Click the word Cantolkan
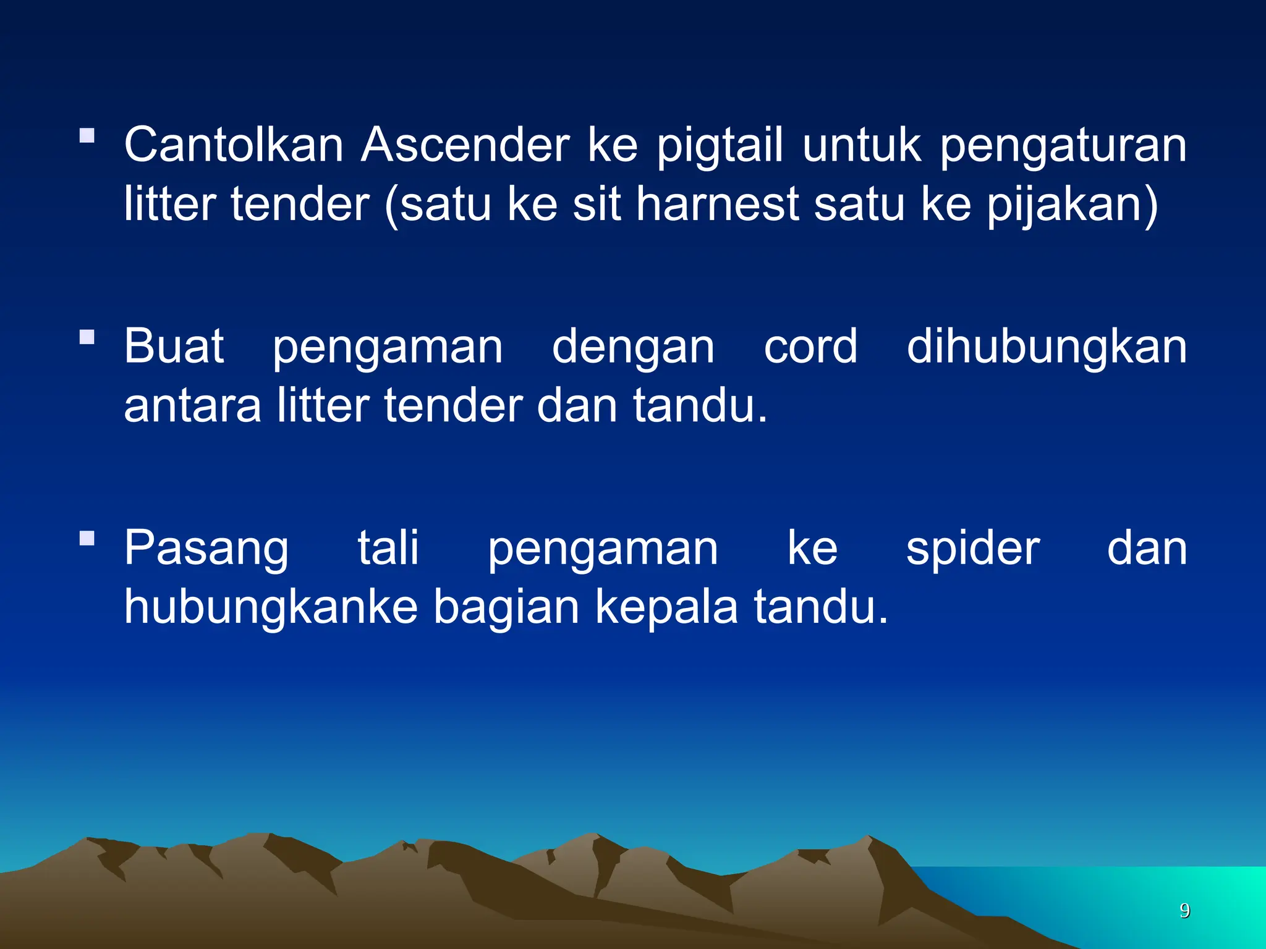234,145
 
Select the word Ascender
465,145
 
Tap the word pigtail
719,147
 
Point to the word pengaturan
1063,147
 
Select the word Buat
174,346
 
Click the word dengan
633,348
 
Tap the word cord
810,346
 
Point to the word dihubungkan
1047,347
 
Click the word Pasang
206,549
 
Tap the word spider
973,549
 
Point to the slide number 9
1185,910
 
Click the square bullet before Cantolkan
87,135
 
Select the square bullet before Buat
87,337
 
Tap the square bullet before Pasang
87,538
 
